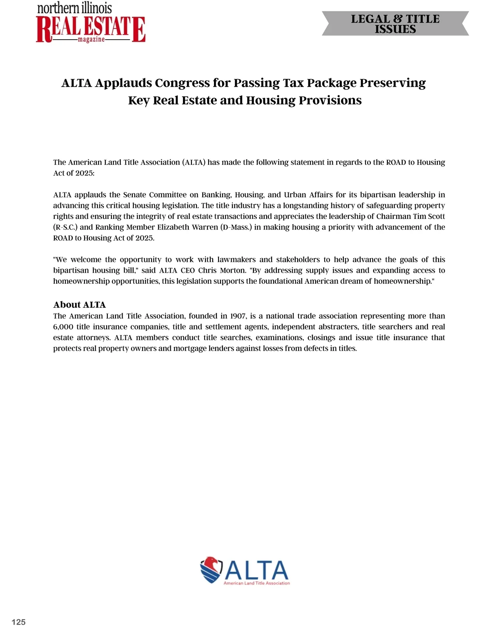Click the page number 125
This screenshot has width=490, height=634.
[x=18, y=622]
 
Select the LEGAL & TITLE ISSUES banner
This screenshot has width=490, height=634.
[x=395, y=24]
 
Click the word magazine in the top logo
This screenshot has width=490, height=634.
[x=91, y=39]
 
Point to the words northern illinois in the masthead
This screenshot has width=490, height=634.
[x=74, y=8]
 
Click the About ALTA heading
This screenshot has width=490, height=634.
[x=79, y=305]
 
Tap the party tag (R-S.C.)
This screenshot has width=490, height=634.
[x=65, y=227]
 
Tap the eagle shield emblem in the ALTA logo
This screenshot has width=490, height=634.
[x=211, y=569]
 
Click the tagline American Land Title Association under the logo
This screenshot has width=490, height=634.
[x=256, y=583]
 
